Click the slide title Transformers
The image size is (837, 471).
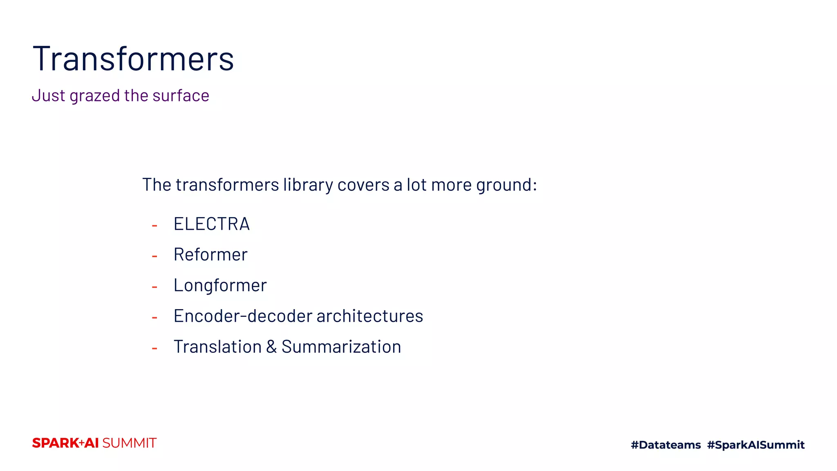[133, 59]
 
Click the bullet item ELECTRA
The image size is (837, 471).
[211, 224]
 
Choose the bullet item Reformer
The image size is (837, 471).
[210, 255]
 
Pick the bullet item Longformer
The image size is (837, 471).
[220, 285]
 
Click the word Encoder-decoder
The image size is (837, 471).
[243, 316]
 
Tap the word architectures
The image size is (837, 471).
[370, 316]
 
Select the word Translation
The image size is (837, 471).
[217, 347]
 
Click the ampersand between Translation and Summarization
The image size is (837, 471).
[271, 347]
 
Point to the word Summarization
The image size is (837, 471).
[341, 347]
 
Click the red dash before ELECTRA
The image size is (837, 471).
[154, 225]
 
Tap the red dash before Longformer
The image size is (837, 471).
[154, 287]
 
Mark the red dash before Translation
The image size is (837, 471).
[154, 348]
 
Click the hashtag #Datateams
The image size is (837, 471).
[666, 445]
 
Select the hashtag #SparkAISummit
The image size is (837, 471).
[756, 445]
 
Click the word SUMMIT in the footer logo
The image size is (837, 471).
[129, 443]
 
